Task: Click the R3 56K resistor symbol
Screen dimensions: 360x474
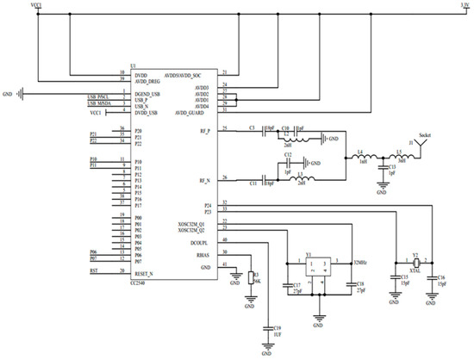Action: point(248,277)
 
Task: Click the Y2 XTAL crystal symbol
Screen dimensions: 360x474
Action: point(415,262)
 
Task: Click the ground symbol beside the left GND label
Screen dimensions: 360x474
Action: point(22,92)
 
